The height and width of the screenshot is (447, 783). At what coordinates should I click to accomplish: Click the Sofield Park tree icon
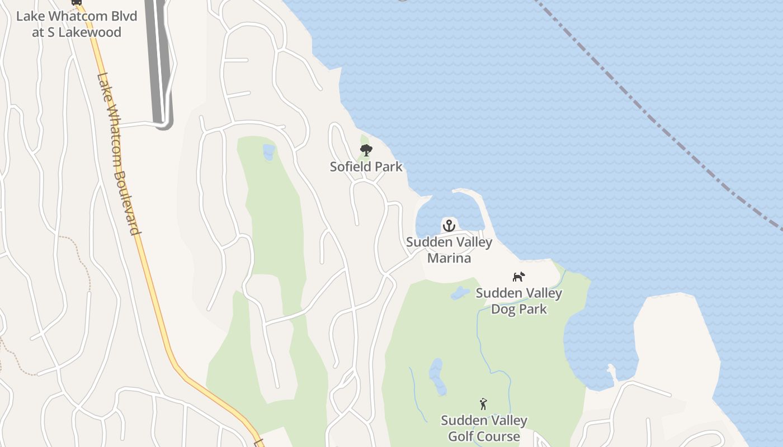366,150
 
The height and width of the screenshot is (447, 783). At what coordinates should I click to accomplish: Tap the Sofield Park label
366,167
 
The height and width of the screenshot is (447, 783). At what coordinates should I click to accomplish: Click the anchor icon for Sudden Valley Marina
449,226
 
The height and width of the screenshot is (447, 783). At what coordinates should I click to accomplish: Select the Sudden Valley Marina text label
449,250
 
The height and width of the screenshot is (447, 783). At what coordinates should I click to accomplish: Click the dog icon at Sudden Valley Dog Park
519,277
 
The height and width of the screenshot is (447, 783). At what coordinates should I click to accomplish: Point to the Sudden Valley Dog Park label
519,301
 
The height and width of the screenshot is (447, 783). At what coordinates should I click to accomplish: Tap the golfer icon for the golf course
484,404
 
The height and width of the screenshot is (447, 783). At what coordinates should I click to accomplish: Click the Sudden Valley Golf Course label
484,428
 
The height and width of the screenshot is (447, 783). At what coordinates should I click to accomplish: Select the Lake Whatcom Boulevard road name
118,154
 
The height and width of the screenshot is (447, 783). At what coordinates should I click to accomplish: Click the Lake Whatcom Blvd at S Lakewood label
77,23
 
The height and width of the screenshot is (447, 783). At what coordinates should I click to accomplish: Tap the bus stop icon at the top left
77,2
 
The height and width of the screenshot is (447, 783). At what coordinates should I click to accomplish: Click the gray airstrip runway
159,61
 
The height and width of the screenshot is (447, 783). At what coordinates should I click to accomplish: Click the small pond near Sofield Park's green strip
269,152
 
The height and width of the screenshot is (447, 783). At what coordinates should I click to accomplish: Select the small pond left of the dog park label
460,293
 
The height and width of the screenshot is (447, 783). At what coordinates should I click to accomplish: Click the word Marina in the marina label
449,258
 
